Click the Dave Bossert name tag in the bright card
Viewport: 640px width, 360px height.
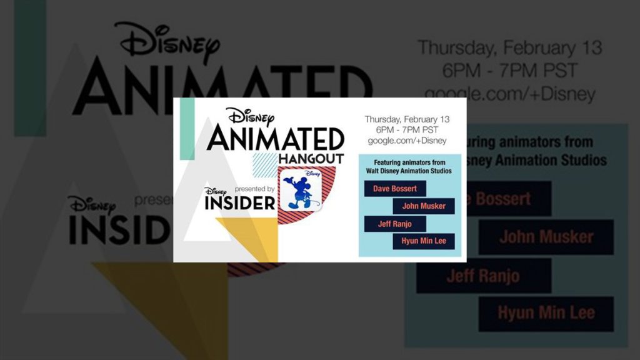tap(395, 189)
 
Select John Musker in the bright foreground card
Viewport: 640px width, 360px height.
tap(424, 206)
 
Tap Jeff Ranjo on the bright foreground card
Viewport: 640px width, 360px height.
tap(395, 224)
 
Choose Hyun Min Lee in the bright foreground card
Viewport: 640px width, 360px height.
tap(424, 241)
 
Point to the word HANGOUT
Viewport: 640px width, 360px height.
tap(311, 159)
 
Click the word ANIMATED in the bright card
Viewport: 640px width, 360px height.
tap(276, 139)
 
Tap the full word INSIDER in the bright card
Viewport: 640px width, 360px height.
tap(240, 203)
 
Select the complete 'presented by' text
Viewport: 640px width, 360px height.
tap(255, 189)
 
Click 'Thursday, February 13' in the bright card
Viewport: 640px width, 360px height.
tap(407, 119)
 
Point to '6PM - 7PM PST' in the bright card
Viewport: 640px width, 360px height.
tap(407, 130)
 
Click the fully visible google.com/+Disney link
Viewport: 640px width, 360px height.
tap(407, 141)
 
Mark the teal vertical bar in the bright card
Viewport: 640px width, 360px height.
tap(187, 129)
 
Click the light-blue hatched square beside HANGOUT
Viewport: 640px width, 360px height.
tap(265, 165)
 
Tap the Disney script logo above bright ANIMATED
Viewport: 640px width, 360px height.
tap(250, 117)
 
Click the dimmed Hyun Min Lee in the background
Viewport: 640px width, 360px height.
tap(546, 313)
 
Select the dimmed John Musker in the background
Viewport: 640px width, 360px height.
tap(546, 237)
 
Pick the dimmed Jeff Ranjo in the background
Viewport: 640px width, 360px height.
tap(484, 276)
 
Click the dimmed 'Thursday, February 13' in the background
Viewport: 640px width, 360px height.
tap(510, 47)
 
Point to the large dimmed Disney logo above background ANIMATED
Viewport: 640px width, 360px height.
tap(167, 42)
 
